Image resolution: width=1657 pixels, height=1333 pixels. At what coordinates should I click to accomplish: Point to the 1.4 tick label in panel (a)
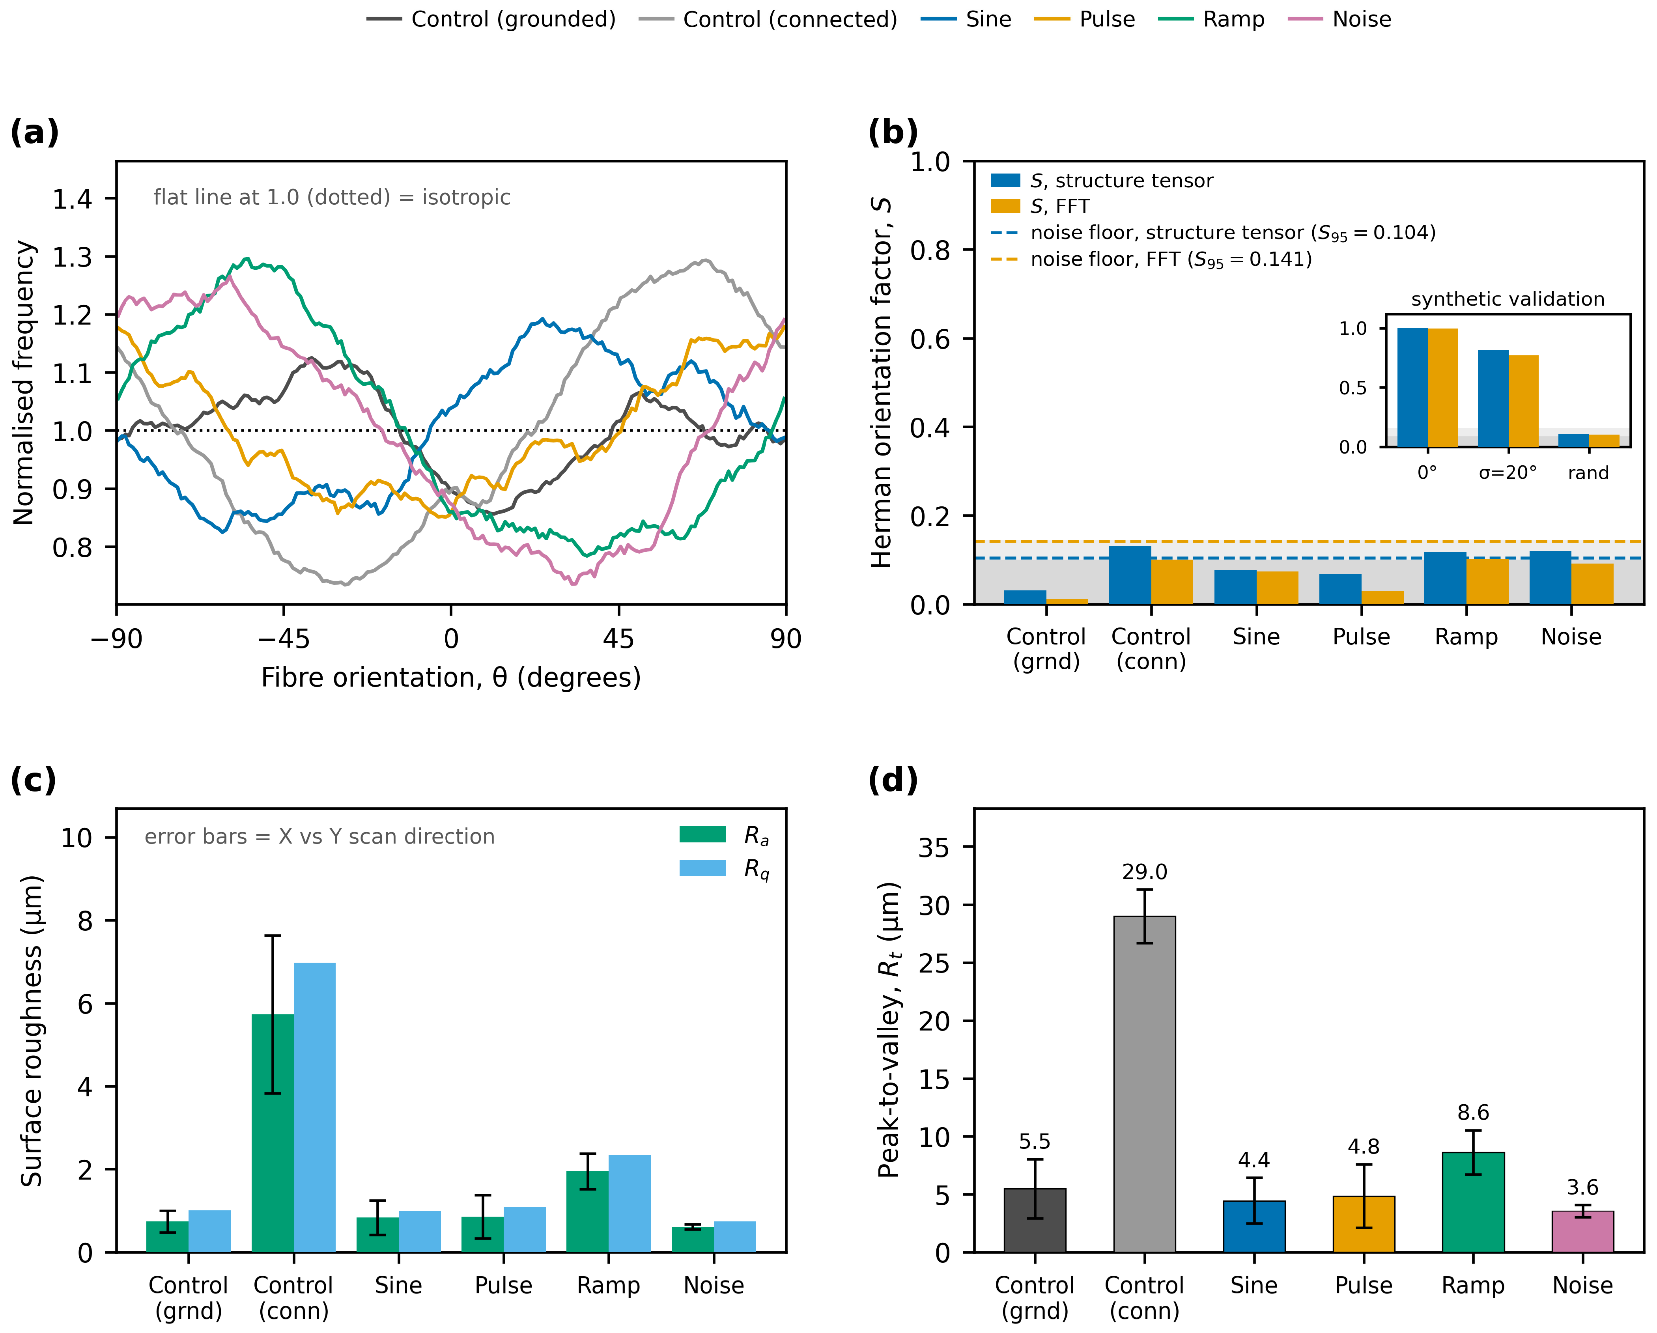(72, 199)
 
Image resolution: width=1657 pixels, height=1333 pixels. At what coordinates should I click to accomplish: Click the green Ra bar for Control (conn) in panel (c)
(273, 1133)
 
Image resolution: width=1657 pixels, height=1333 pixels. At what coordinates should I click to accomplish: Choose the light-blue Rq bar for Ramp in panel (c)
(630, 1203)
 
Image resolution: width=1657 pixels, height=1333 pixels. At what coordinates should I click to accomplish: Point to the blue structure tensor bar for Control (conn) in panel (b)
(1130, 575)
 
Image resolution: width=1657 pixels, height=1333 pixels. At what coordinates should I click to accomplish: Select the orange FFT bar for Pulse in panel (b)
(1382, 598)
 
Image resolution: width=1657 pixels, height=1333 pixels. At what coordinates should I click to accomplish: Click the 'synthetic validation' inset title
(1508, 299)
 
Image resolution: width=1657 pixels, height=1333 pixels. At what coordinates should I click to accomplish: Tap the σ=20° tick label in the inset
(1508, 472)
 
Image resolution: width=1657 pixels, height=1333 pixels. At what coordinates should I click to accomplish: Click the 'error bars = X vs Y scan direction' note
(320, 837)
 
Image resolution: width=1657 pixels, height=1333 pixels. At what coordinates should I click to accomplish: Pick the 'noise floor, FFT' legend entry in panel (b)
(1151, 260)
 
